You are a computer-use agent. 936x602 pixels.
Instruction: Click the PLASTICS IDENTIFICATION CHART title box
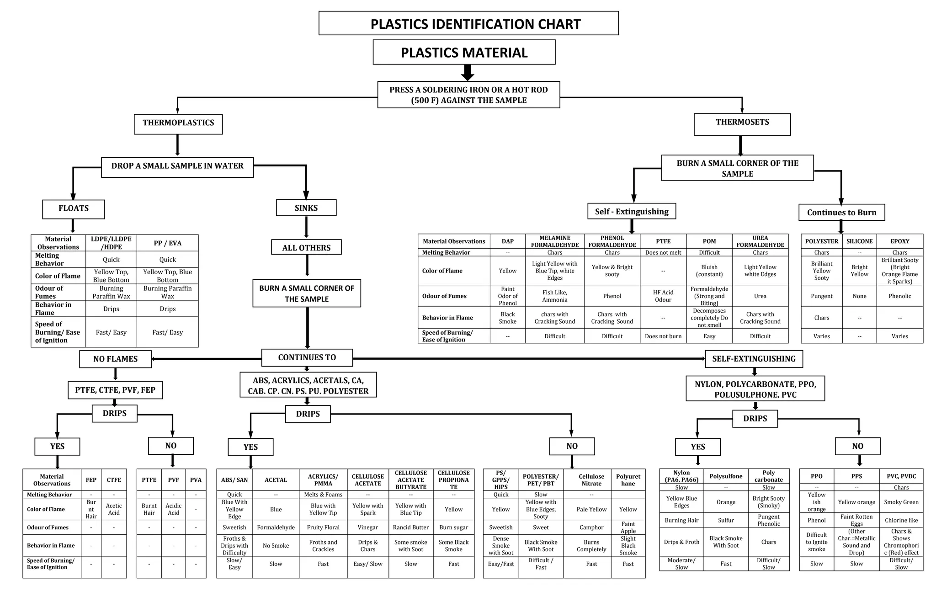point(468,23)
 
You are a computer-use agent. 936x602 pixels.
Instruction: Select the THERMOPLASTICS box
point(178,124)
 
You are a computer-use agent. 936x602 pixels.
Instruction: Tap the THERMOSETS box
point(742,124)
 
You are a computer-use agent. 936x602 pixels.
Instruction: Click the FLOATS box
point(74,209)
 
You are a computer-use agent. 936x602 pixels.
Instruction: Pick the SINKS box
point(306,208)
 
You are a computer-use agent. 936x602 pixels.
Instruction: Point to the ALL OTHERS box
point(306,247)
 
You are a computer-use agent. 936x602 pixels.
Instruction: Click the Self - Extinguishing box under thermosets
point(632,211)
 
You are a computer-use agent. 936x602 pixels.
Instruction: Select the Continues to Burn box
point(841,213)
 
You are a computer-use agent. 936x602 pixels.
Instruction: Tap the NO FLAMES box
point(115,359)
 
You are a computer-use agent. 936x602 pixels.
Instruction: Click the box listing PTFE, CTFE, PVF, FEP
point(115,390)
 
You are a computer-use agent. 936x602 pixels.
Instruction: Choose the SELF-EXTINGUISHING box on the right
point(754,359)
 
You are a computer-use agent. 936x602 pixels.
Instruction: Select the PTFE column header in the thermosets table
point(663,241)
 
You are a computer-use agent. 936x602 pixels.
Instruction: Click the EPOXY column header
point(899,241)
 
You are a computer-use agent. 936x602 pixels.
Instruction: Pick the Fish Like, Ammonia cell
point(554,296)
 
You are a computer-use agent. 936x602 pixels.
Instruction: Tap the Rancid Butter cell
point(410,527)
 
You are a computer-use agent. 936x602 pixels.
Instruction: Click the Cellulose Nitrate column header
point(591,480)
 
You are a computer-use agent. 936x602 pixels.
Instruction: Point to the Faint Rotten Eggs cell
point(856,520)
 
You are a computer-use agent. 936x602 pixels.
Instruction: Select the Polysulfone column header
point(726,476)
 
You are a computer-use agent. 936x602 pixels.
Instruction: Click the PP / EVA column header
point(167,243)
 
